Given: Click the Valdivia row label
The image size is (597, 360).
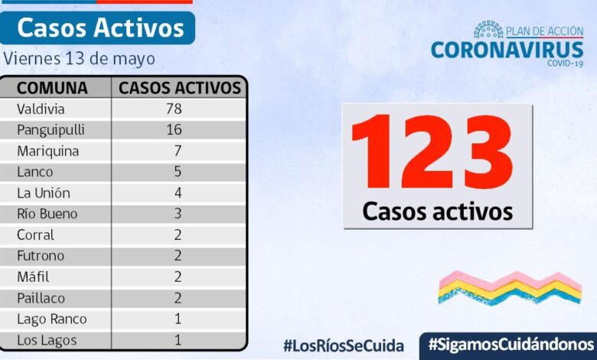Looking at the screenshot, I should click(41, 109).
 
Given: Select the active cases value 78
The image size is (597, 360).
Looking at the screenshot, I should click(174, 109).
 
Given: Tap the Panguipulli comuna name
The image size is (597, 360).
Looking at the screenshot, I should click(51, 129).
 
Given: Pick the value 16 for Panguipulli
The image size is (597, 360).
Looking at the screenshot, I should click(174, 129).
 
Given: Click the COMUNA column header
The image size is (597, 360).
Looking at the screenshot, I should click(52, 87).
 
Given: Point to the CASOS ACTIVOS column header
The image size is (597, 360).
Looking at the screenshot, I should click(180, 87).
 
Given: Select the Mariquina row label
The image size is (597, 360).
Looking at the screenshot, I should click(47, 151).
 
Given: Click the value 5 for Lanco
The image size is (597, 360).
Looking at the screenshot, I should click(178, 172).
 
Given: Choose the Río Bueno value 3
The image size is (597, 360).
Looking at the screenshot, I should click(178, 214).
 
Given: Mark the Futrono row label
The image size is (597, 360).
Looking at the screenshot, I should click(41, 256).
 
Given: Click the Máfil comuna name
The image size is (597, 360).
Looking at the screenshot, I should click(34, 277).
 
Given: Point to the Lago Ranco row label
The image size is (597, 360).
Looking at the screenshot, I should click(52, 319).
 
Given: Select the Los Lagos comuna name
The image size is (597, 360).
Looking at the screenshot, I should click(47, 340).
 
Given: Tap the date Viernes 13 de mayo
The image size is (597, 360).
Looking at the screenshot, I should click(79, 58).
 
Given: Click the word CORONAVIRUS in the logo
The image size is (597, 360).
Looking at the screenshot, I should click(507, 50).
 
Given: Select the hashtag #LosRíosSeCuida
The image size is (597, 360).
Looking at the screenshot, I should click(343, 345).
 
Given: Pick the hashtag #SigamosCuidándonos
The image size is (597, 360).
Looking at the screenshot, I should click(511, 343).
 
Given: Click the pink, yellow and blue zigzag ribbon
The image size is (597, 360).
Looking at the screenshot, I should click(510, 288).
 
